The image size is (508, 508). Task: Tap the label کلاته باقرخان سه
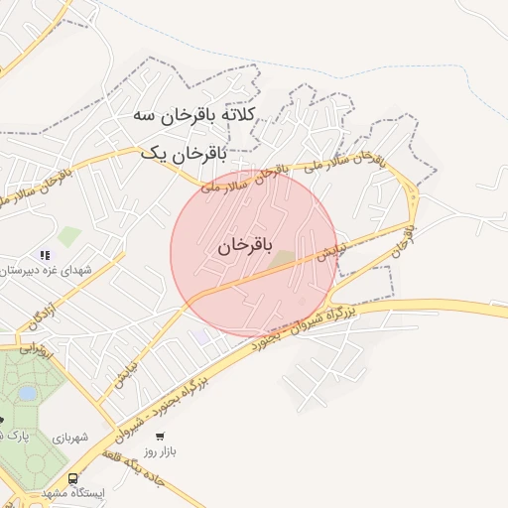click(194, 115)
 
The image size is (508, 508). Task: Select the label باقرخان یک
click(184, 154)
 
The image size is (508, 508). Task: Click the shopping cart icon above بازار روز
click(159, 436)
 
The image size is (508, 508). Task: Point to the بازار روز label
click(160, 452)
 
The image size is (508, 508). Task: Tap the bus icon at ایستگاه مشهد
click(73, 478)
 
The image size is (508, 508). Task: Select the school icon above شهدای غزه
click(45, 256)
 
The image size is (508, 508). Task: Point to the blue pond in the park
click(28, 394)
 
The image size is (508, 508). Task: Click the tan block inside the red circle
click(283, 259)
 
